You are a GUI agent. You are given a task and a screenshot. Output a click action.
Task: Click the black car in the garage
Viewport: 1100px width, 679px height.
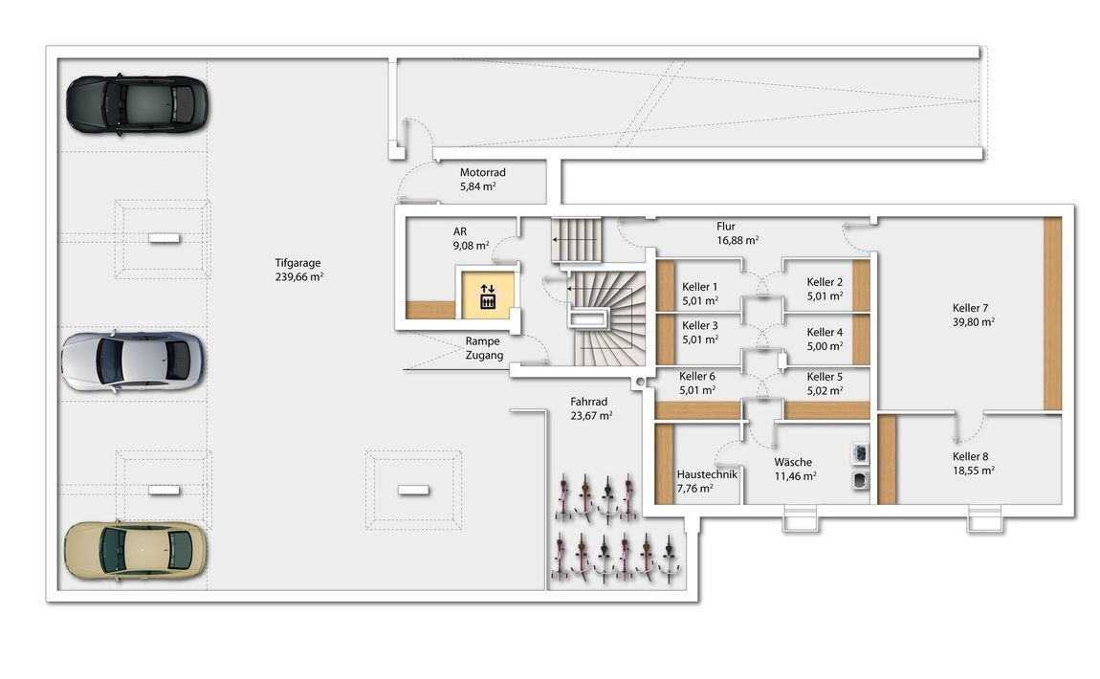pyautogui.click(x=137, y=104)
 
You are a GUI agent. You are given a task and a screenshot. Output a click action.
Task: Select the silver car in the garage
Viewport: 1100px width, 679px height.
pyautogui.click(x=133, y=361)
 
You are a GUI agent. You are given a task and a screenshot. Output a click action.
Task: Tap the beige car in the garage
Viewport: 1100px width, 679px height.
pyautogui.click(x=136, y=551)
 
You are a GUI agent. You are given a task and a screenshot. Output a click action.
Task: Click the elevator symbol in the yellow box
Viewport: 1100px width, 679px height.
pyautogui.click(x=488, y=296)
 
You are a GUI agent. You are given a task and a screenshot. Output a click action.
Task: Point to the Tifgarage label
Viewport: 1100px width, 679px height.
pyautogui.click(x=297, y=263)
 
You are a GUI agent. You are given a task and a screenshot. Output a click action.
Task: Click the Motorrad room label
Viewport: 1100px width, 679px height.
pyautogui.click(x=483, y=172)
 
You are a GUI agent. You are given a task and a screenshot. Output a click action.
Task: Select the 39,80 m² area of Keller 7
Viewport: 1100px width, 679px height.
pyautogui.click(x=974, y=322)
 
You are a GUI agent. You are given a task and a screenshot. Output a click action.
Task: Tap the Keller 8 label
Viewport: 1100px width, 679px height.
pyautogui.click(x=970, y=456)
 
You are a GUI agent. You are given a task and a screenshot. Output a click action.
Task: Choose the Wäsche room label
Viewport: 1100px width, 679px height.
pyautogui.click(x=793, y=462)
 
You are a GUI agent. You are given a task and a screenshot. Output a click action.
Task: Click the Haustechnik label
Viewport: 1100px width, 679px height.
pyautogui.click(x=707, y=474)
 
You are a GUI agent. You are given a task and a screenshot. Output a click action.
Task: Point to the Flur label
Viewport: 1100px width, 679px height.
pyautogui.click(x=726, y=227)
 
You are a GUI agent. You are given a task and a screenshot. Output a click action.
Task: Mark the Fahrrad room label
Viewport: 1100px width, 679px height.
pyautogui.click(x=588, y=402)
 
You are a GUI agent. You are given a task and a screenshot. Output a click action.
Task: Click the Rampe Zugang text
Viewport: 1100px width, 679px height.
pyautogui.click(x=483, y=349)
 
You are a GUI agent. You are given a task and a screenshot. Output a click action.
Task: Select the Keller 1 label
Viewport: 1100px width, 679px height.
pyautogui.click(x=699, y=287)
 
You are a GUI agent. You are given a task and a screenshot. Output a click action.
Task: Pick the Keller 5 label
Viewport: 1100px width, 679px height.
pyautogui.click(x=825, y=377)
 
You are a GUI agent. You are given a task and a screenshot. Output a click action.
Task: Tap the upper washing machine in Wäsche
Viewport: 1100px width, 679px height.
pyautogui.click(x=859, y=454)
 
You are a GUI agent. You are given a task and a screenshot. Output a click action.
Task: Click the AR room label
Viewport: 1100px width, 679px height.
pyautogui.click(x=460, y=231)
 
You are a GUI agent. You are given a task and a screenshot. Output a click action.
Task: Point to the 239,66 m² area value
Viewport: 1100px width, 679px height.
pyautogui.click(x=299, y=277)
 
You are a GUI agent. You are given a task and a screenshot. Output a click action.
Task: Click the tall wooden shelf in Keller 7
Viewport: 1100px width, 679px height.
pyautogui.click(x=1052, y=314)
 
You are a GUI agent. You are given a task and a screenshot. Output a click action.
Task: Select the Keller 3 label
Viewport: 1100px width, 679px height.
pyautogui.click(x=699, y=325)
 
